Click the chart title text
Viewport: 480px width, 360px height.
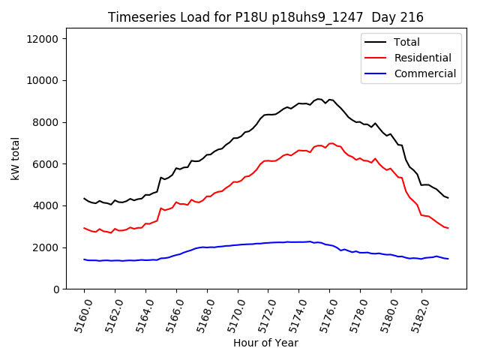pyautogui.click(x=265, y=17)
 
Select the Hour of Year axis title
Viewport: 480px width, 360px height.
pyautogui.click(x=265, y=343)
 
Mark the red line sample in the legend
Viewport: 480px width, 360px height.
pyautogui.click(x=375, y=58)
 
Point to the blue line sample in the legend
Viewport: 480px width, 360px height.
pyautogui.click(x=375, y=73)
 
